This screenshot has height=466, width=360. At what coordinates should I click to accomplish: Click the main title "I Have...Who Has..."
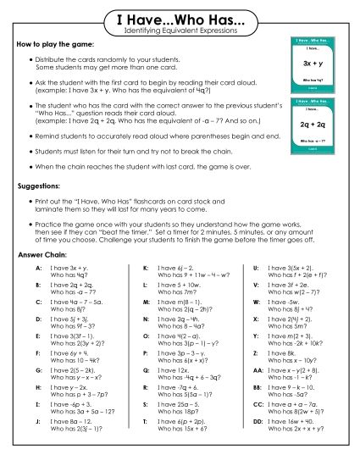pyautogui.click(x=180, y=19)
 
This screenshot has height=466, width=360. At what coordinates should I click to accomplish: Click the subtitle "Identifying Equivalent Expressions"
pyautogui.click(x=180, y=31)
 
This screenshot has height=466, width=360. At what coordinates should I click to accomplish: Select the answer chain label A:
pyautogui.click(x=39, y=267)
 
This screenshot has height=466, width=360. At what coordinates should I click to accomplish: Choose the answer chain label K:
pyautogui.click(x=147, y=267)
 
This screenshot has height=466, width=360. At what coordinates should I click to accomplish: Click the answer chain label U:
pyautogui.click(x=256, y=267)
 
